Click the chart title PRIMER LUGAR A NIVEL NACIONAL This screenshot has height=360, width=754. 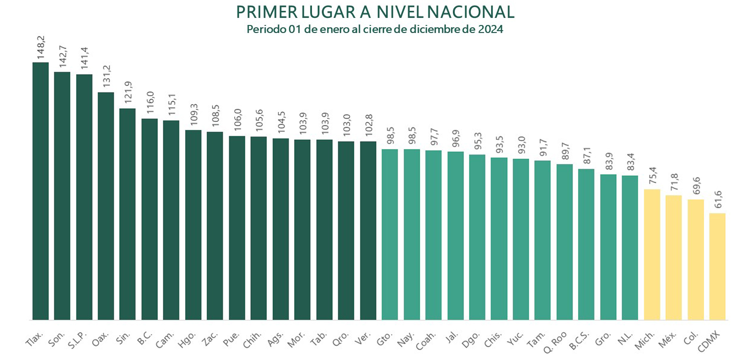[375, 12]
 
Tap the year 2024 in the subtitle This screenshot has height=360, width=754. [491, 29]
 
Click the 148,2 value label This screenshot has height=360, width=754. [41, 48]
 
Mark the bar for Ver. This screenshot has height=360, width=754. [368, 230]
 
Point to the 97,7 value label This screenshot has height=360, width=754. [434, 136]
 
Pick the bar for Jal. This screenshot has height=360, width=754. [455, 236]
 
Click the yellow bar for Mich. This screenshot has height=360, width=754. [652, 254]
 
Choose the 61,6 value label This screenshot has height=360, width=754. [718, 199]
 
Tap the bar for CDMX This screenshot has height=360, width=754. [717, 267]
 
